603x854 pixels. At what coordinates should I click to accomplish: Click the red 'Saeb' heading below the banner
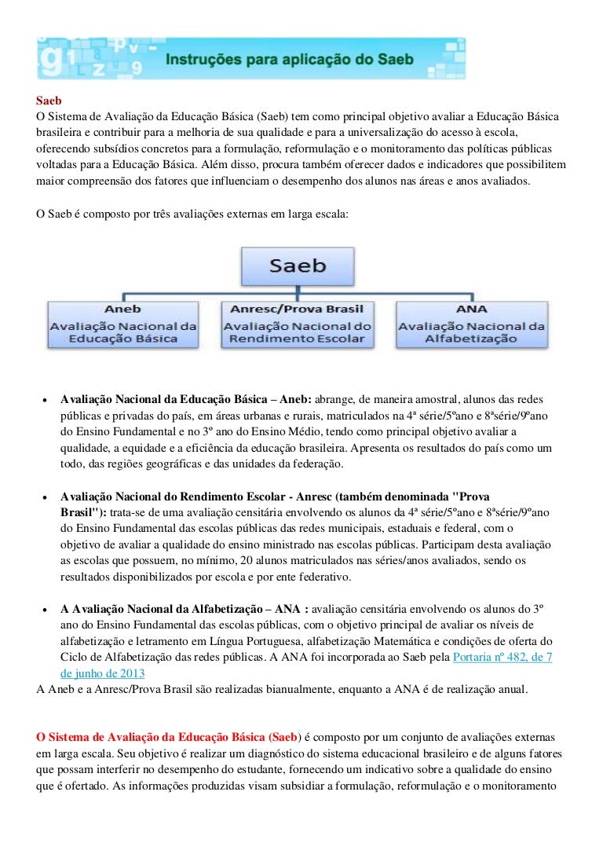pyautogui.click(x=49, y=101)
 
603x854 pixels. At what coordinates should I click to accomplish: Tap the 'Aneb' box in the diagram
pyautogui.click(x=122, y=324)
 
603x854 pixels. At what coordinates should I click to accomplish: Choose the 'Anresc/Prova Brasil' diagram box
pyautogui.click(x=297, y=324)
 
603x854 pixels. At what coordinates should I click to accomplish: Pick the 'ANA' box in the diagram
pyautogui.click(x=471, y=324)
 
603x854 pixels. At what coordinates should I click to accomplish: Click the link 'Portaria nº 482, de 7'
pyautogui.click(x=502, y=657)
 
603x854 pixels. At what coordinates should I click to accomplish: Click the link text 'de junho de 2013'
pyautogui.click(x=102, y=673)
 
